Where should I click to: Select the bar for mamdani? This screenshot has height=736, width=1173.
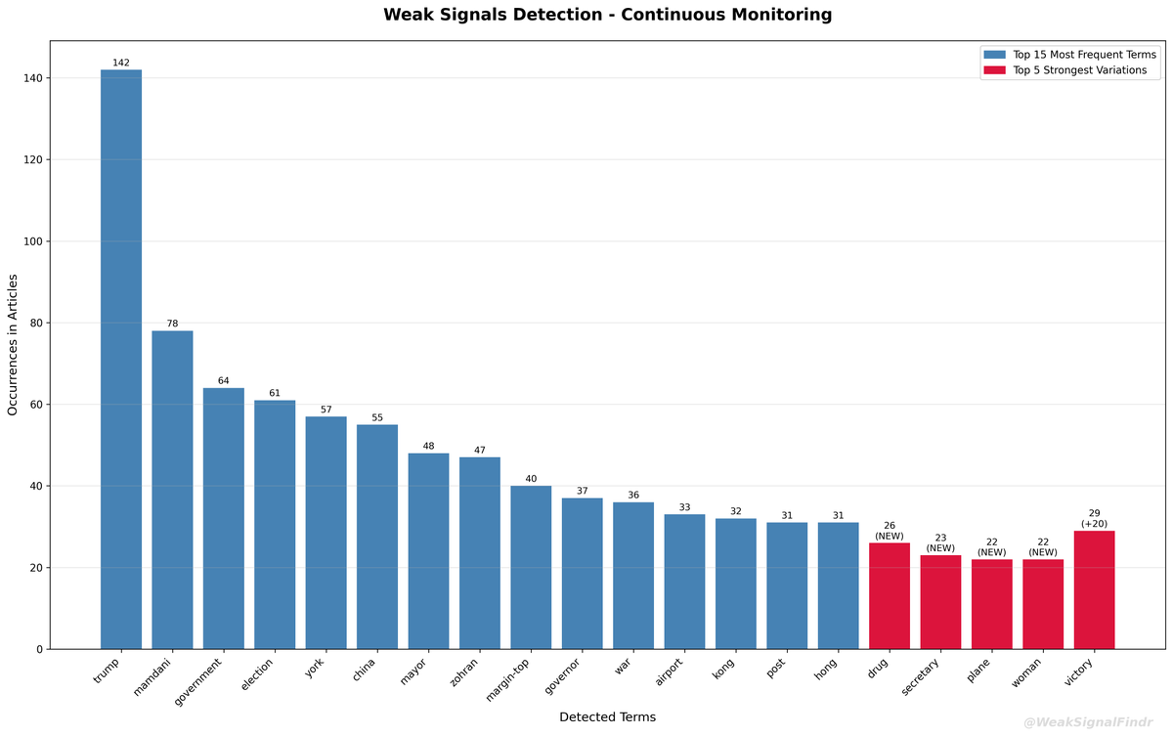coord(172,489)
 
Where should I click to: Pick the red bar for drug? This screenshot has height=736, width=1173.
coord(890,595)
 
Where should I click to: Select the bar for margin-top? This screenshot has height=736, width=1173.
coord(531,567)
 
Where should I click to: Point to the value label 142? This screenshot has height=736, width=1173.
coord(121,63)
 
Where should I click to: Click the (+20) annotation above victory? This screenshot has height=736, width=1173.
coord(1094,524)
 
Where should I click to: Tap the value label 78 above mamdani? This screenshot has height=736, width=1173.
coord(172,324)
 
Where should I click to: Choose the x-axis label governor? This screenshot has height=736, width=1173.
coord(564,677)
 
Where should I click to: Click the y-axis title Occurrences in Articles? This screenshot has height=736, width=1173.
coord(14,344)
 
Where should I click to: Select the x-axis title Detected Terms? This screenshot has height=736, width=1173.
coord(607,717)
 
